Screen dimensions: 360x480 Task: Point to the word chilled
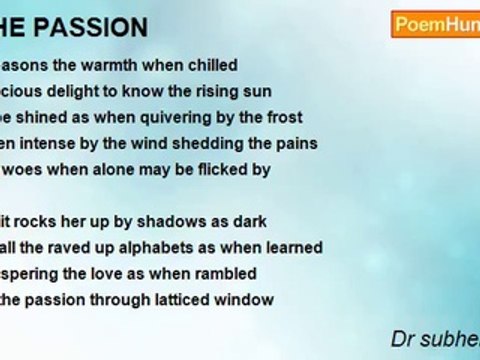tap(209, 66)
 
